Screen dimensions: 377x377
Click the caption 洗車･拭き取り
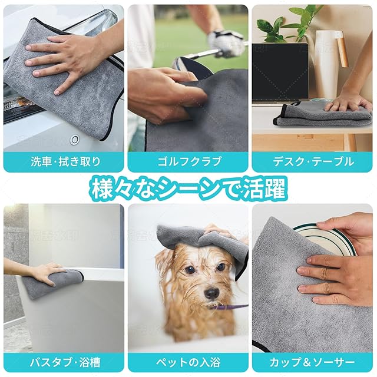click(x=65, y=161)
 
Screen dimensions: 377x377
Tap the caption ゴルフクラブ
click(x=189, y=161)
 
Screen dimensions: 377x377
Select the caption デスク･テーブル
click(x=313, y=161)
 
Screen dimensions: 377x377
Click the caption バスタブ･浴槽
click(x=65, y=362)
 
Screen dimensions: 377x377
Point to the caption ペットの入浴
click(x=188, y=362)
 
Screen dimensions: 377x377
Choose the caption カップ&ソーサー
click(x=312, y=362)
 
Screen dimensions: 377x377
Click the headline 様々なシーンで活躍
click(x=188, y=188)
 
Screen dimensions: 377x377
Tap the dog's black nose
click(x=211, y=293)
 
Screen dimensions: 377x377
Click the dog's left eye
click(x=221, y=267)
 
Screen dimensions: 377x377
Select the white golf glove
click(x=225, y=43)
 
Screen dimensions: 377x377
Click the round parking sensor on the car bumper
click(x=75, y=140)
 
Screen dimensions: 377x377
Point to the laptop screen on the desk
click(x=280, y=71)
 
